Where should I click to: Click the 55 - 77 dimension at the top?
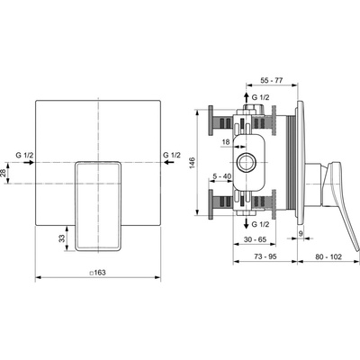pos(272,80)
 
